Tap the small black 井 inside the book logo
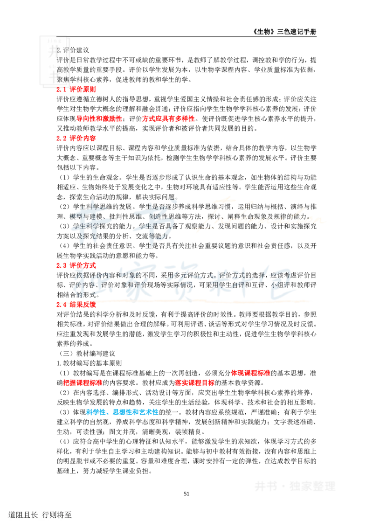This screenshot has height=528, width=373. (x=54, y=52)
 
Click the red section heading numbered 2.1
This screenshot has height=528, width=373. (x=76, y=90)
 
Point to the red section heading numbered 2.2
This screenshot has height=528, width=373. (x=76, y=138)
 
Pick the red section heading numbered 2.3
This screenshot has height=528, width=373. (x=76, y=265)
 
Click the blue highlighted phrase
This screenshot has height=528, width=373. (x=123, y=412)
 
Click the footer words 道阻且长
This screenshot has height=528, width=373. (x=23, y=515)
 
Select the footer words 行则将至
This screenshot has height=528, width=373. (x=57, y=515)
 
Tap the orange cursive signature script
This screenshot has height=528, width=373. (x=259, y=215)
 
